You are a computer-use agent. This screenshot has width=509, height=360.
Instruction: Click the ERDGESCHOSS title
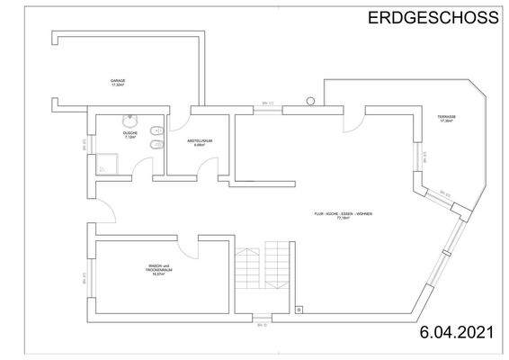pyautogui.click(x=433, y=17)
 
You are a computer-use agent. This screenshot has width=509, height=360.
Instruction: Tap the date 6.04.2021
pyautogui.click(x=457, y=334)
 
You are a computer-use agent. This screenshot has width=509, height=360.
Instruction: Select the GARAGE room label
pyautogui.click(x=118, y=83)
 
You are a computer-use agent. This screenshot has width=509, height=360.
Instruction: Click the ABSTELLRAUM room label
pyautogui.click(x=199, y=143)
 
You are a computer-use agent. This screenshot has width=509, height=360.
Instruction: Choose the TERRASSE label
pyautogui.click(x=447, y=121)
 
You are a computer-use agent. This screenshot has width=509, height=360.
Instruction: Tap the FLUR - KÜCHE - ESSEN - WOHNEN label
pyautogui.click(x=343, y=215)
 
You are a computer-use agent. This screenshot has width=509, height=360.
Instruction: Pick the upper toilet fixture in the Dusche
pyautogui.click(x=156, y=131)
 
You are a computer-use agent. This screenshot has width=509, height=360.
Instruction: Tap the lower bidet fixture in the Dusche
pyautogui.click(x=156, y=146)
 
